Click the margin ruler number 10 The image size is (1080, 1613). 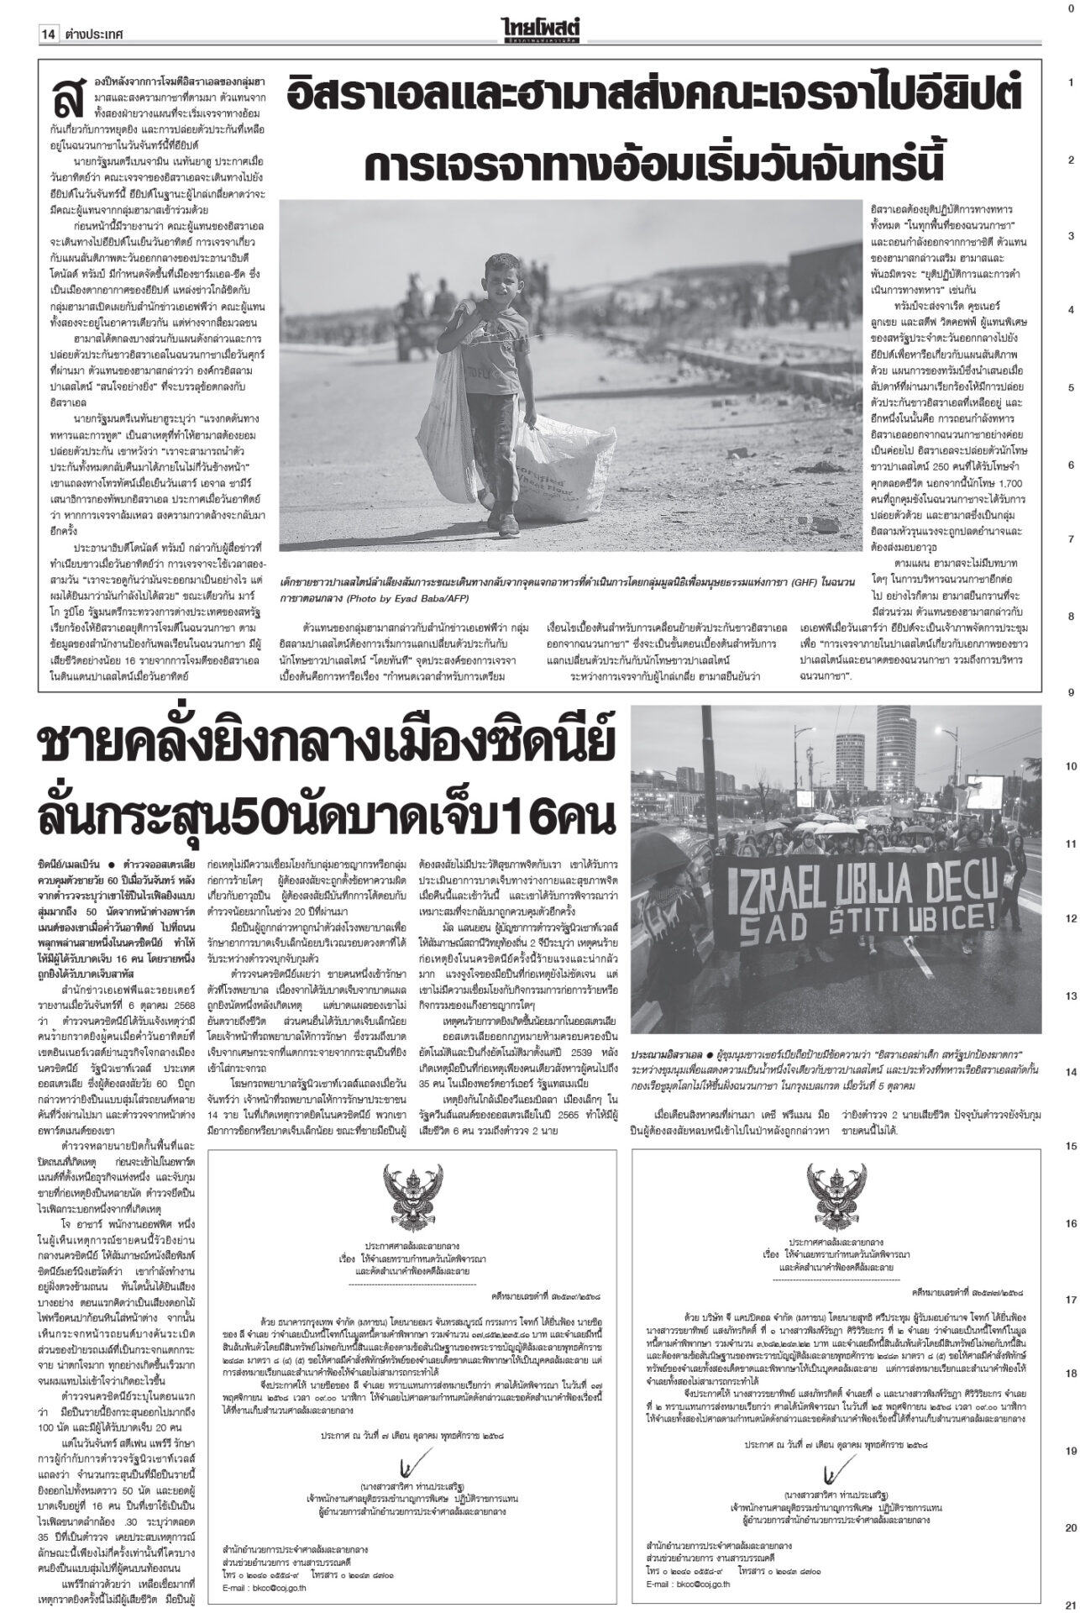(x=1071, y=767)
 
